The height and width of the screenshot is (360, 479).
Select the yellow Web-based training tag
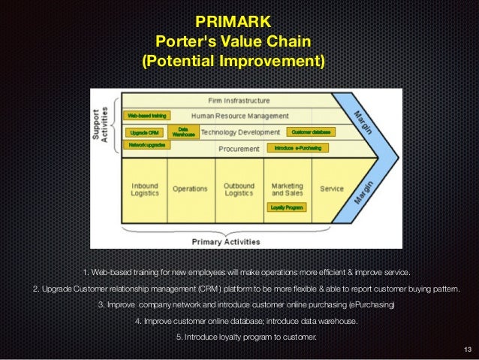tap(146, 116)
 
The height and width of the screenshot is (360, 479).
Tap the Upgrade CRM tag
tap(143, 132)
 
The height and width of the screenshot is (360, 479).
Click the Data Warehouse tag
tap(183, 132)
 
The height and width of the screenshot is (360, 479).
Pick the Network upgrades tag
tap(146, 144)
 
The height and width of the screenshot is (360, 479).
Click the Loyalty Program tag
tap(287, 207)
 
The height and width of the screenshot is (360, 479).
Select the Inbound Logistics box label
tap(145, 189)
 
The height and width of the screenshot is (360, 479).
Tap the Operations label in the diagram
tap(190, 189)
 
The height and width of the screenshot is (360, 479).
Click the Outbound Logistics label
tap(239, 189)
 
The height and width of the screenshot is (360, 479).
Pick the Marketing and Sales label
tap(287, 189)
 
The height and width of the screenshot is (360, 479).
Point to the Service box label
tap(332, 189)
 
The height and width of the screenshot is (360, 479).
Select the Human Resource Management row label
tap(239, 116)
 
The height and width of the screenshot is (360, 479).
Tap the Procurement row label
tap(239, 148)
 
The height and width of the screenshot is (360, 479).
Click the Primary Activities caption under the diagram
tap(226, 242)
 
